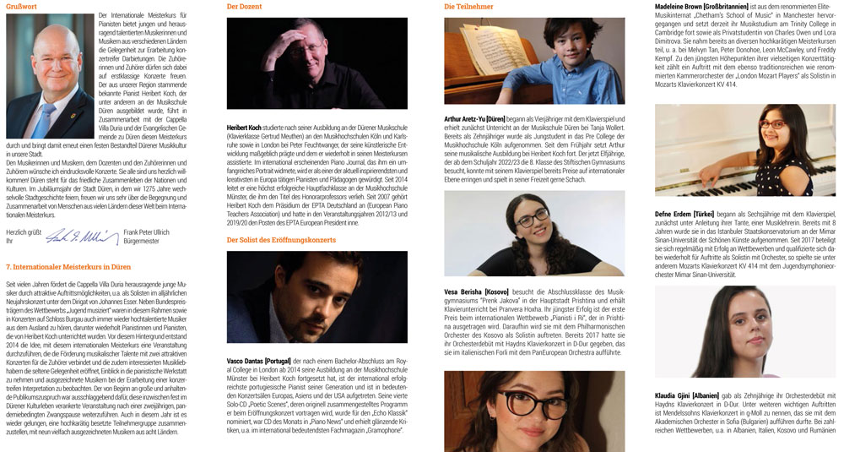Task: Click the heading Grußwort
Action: coord(21,6)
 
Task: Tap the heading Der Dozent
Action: coord(244,6)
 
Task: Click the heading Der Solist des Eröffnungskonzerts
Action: coord(281,240)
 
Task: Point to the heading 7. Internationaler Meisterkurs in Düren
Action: coord(68,266)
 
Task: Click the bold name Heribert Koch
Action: coord(244,128)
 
